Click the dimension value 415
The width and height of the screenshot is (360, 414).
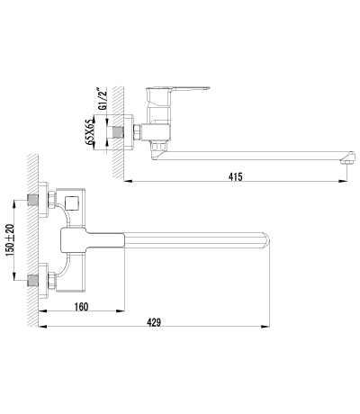[x=236, y=177]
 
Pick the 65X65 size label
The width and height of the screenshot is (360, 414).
[x=90, y=129]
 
